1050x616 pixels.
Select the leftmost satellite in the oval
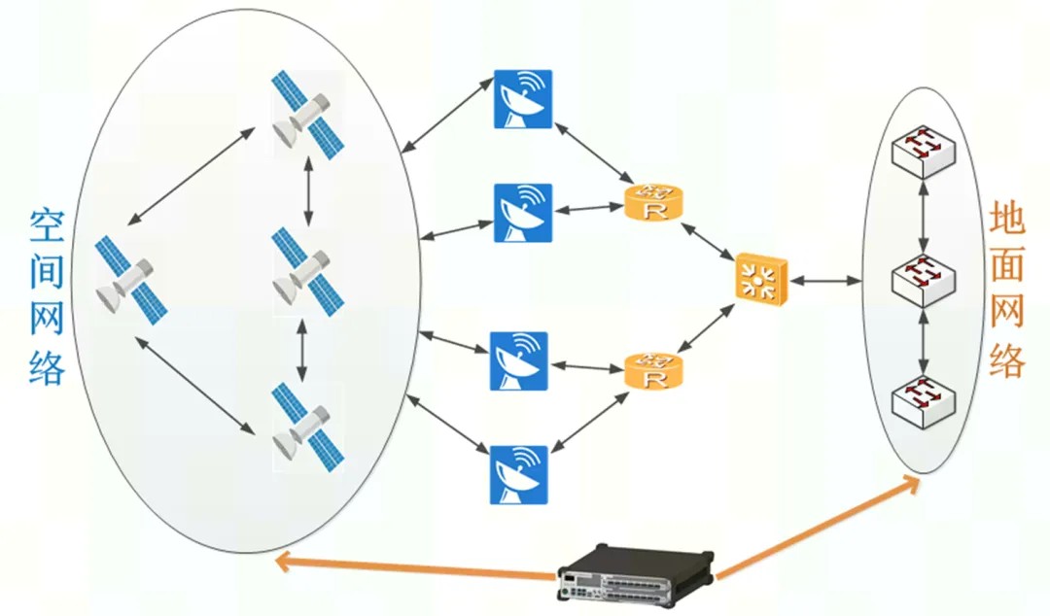[131, 280]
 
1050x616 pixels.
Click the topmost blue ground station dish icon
[523, 99]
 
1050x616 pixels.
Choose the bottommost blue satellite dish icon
[518, 474]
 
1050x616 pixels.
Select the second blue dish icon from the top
[523, 213]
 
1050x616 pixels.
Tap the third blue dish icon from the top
[518, 361]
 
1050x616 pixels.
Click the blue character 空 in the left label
[47, 229]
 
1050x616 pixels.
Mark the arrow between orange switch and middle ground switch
[825, 281]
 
